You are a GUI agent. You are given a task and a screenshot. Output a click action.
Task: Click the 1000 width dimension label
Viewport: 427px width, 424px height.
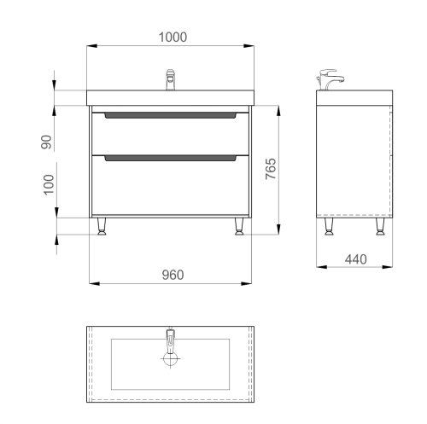(x=173, y=37)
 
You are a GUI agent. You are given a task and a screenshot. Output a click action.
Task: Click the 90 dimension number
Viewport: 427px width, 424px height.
(x=49, y=142)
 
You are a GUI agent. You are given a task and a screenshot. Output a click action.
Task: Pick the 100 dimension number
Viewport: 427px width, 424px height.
(x=49, y=183)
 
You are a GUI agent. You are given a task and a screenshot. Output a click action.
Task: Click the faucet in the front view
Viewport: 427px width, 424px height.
(x=170, y=79)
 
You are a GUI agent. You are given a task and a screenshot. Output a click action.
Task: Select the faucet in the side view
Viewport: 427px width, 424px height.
(x=331, y=78)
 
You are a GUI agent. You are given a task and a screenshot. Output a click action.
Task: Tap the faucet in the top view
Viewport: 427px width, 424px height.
(x=170, y=340)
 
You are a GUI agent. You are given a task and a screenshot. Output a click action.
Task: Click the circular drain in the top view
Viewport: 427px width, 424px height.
(x=170, y=360)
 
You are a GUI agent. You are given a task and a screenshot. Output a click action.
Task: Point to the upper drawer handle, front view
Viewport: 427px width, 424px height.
(x=170, y=114)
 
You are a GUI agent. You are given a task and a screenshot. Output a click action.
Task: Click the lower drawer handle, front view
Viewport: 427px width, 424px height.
(x=170, y=157)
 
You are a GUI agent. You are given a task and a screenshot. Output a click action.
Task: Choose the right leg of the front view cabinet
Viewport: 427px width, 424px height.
(x=238, y=226)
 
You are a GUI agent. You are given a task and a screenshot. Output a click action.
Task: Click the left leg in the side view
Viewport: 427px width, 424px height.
(x=328, y=226)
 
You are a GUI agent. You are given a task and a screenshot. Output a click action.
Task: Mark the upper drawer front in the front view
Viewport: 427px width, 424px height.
(x=170, y=133)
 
